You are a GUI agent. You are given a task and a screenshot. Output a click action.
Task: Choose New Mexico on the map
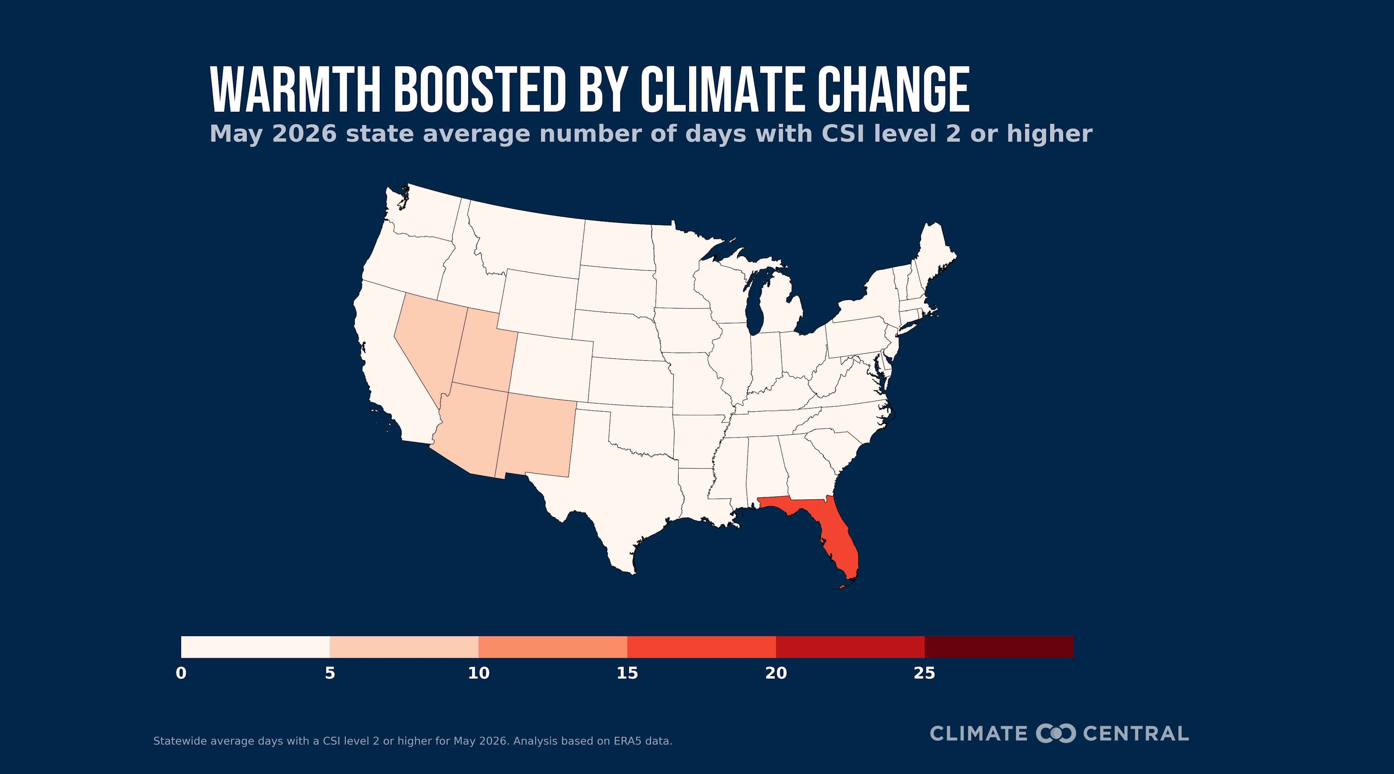[x=536, y=435]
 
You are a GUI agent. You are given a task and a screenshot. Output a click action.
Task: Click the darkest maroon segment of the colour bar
[x=999, y=647]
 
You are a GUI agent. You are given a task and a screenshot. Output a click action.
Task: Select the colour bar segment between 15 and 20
[x=701, y=647]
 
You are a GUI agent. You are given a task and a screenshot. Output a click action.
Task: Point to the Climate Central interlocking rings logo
[x=1055, y=733]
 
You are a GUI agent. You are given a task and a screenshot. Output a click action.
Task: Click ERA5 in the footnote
[x=627, y=741]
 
